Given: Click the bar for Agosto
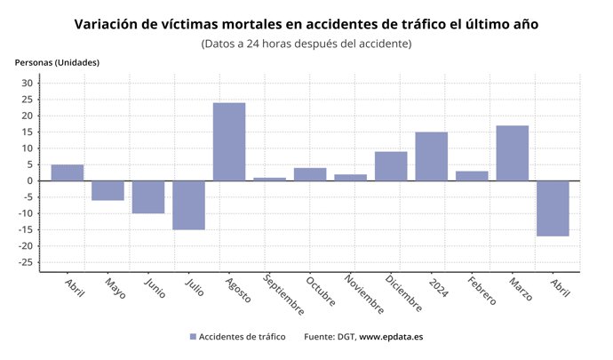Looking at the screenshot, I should (229, 142).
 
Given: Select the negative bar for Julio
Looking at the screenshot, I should (188, 205).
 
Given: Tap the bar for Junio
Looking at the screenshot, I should (148, 196).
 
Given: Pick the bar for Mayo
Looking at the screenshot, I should (107, 190).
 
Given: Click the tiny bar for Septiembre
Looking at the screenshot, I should (269, 179).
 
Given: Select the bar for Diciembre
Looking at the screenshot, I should (391, 166).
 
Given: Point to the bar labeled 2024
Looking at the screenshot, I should (431, 156).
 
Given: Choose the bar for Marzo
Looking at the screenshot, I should (512, 153).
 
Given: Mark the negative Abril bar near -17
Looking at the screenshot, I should (553, 208).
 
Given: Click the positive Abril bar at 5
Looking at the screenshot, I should (68, 172).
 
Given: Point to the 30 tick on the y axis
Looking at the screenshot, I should (27, 84).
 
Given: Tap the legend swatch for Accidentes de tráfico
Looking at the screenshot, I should (193, 337).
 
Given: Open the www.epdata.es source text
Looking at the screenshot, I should (391, 337).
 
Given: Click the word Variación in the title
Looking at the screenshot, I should (110, 24).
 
